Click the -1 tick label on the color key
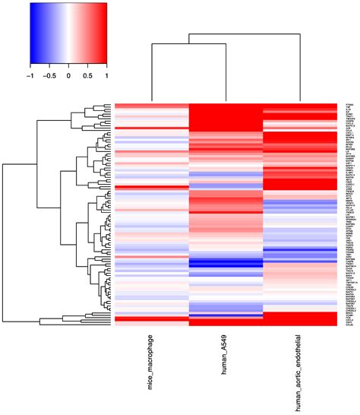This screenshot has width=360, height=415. tap(30, 76)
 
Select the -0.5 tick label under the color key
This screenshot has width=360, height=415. tap(49, 76)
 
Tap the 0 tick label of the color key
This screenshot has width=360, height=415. tap(68, 76)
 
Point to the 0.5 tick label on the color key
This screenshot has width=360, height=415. tap(87, 76)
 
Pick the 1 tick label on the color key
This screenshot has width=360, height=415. tap(106, 76)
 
